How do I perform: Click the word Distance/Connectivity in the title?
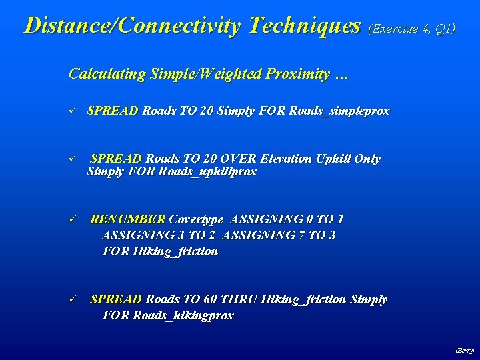133,25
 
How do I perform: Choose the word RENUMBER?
128,219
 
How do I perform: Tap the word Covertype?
197,219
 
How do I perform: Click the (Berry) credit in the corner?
465,349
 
